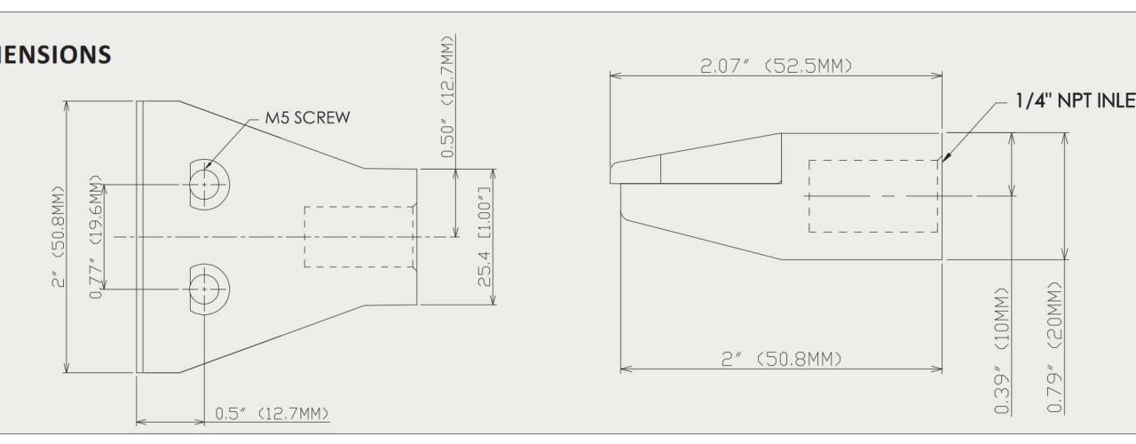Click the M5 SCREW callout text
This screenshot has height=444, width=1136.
point(307,118)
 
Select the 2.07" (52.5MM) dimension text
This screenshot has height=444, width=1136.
point(776,66)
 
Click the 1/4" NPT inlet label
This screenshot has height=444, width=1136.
point(1075,100)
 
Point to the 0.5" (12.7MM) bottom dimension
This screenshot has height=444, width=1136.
point(272,414)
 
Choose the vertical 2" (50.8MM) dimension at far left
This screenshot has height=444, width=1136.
point(59,237)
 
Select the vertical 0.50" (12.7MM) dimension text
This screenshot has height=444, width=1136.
point(446,97)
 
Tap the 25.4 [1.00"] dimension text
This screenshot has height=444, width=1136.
point(485,237)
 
